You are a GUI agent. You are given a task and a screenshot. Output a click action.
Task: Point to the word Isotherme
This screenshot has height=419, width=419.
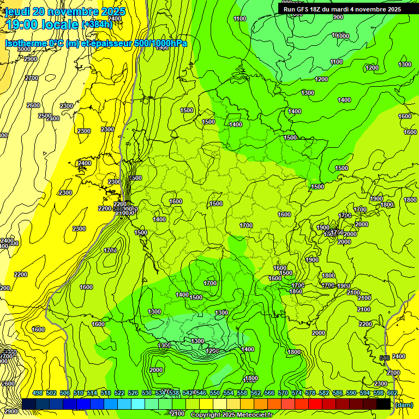point(25,44)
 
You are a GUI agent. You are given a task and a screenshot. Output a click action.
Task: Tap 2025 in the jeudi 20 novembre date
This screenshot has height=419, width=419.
point(112,11)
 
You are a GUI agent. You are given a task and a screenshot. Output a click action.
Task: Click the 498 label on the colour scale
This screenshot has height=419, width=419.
point(38,393)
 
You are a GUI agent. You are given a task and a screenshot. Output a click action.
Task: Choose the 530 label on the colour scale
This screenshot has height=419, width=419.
point(147,393)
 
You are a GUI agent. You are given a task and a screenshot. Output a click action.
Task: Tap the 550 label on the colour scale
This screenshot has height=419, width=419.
point(215,393)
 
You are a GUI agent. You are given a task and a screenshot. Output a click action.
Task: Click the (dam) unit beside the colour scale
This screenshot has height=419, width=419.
point(404,405)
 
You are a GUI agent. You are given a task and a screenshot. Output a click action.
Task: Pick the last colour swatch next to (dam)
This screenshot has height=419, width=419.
point(384,404)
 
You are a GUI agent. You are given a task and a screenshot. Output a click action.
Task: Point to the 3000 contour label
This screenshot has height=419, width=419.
point(24,49)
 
